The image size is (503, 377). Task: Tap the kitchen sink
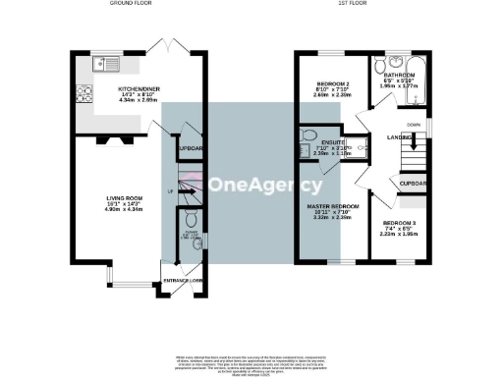[x=103, y=65]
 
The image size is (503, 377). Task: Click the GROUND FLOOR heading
[x=129, y=5]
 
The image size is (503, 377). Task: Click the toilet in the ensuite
[x=307, y=136]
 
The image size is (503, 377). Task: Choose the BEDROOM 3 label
[x=398, y=224]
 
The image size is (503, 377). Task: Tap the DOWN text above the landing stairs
[x=415, y=125]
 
